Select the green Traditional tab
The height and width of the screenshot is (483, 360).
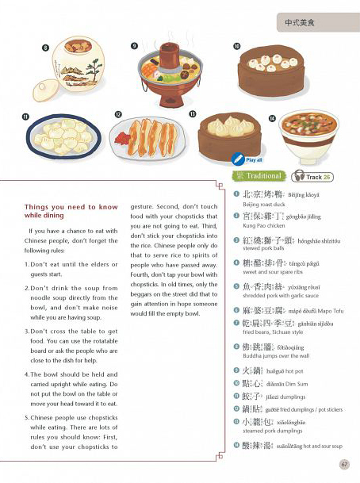point(259,176)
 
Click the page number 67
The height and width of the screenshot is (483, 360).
point(343,464)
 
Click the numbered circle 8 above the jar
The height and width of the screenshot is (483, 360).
point(45,48)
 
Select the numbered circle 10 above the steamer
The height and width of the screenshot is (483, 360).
point(236,48)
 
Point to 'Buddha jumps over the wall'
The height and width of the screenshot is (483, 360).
point(274,355)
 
